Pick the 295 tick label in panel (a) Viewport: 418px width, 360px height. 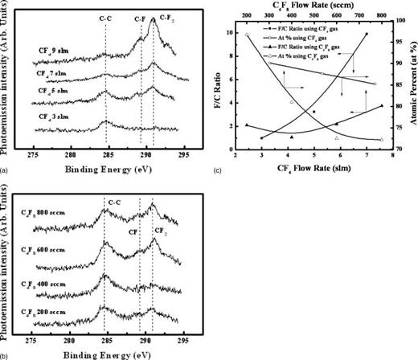(x=183, y=152)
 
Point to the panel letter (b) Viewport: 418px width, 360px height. (x=6, y=354)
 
